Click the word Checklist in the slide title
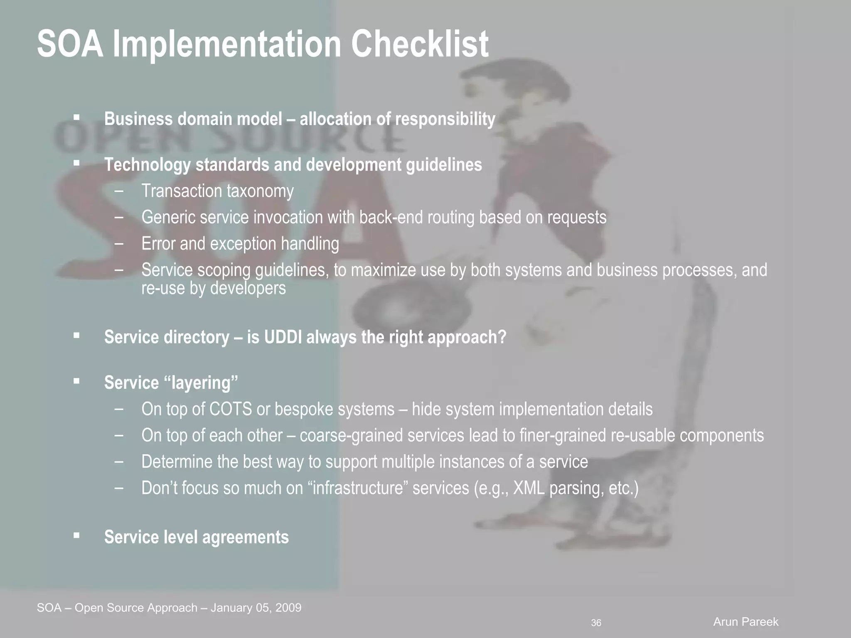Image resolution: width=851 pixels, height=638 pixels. pos(420,44)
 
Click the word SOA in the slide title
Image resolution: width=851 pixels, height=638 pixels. pos(70,44)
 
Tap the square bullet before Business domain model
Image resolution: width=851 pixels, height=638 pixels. pos(76,118)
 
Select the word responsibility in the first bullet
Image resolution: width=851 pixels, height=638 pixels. pos(445,119)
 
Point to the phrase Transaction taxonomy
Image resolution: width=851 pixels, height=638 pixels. pos(217,191)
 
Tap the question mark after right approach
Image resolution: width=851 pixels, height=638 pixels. pos(502,337)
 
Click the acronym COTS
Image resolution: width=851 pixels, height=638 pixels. pos(230,410)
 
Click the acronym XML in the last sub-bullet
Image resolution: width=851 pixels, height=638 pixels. pos(529,488)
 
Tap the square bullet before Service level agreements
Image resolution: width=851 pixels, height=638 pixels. pos(76,536)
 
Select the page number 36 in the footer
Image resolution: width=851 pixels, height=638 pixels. pos(596,623)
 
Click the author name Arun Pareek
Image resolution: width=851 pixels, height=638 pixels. pos(745,622)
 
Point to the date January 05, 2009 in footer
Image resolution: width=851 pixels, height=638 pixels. pos(256,608)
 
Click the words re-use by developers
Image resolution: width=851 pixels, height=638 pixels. pos(213,288)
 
